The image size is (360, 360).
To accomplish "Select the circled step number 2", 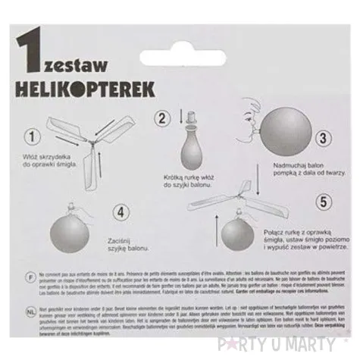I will tap(161, 117).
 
